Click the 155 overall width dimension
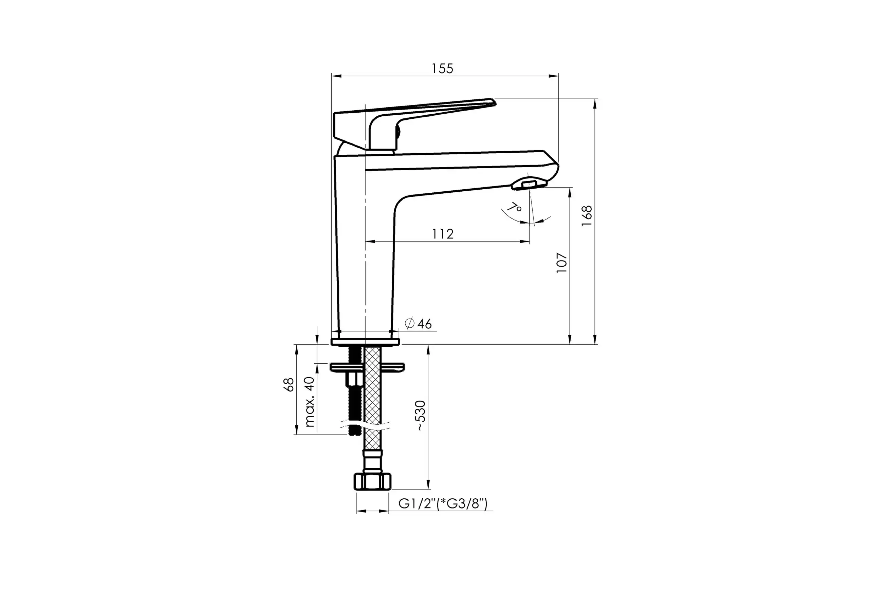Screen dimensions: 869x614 tap(442, 69)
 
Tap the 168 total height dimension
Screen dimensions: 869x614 tap(587, 216)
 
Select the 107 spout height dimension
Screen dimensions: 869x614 tap(562, 263)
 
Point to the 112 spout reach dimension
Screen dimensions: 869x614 tap(443, 234)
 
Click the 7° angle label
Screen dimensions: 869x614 tap(514, 208)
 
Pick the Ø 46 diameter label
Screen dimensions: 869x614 tap(418, 324)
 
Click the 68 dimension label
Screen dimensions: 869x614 tap(289, 385)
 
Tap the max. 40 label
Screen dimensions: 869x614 tap(310, 402)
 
